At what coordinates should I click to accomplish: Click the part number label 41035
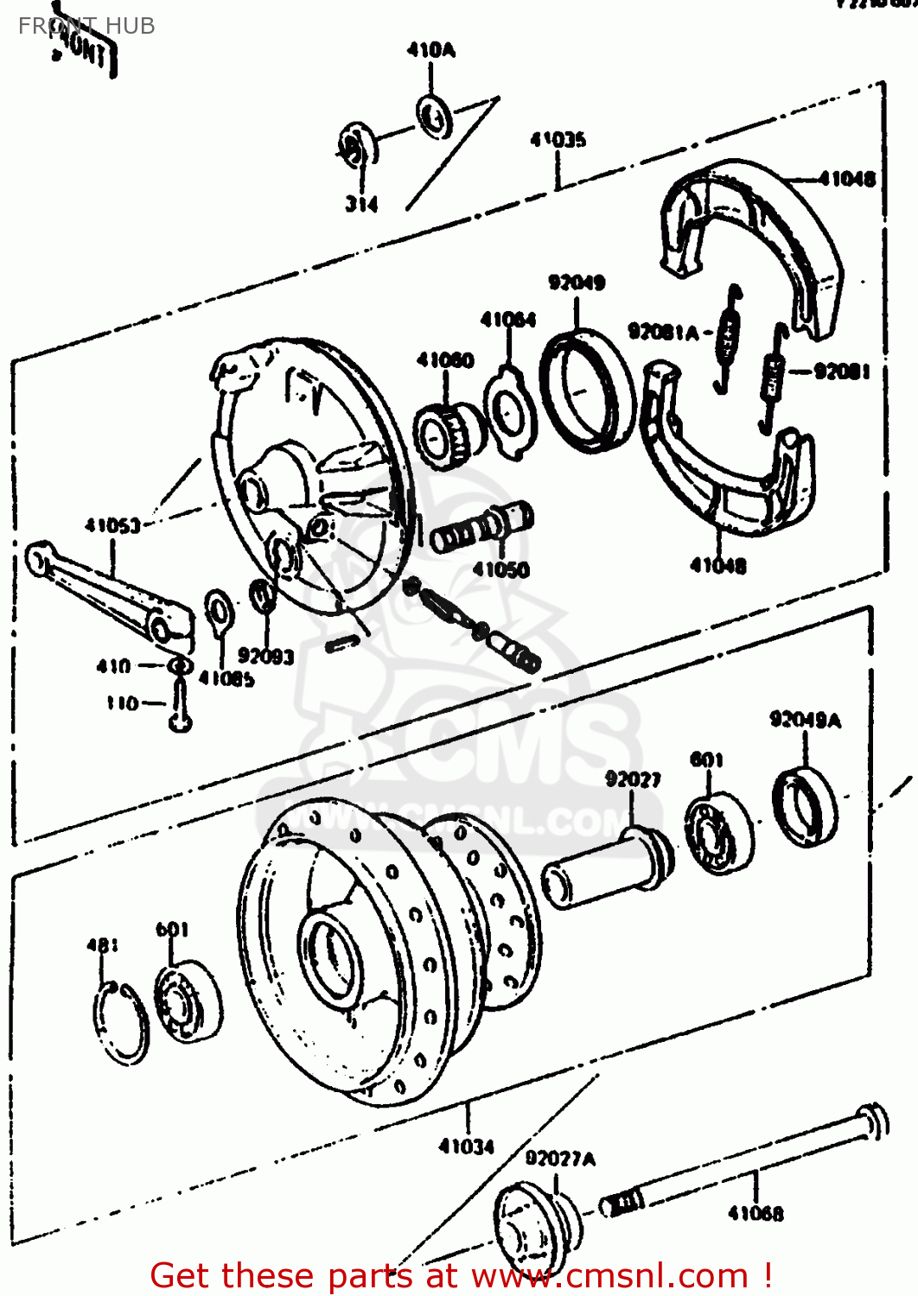pos(558,139)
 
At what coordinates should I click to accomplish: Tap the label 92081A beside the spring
pos(663,332)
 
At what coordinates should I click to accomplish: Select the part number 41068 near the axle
pos(755,1212)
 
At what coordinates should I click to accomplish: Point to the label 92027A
pos(560,1159)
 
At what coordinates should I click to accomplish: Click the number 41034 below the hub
pos(467,1147)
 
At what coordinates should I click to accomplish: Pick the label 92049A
pos(805,720)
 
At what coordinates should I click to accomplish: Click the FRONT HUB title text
pos(86,26)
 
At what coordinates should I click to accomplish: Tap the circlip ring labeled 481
pos(120,1024)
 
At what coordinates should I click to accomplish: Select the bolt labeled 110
pos(180,708)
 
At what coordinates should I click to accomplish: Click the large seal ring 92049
pos(587,390)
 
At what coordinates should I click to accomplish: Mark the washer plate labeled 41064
pos(510,411)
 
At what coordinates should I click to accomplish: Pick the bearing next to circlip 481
pos(187,1002)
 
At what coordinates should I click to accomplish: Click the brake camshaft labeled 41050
pos(481,529)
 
